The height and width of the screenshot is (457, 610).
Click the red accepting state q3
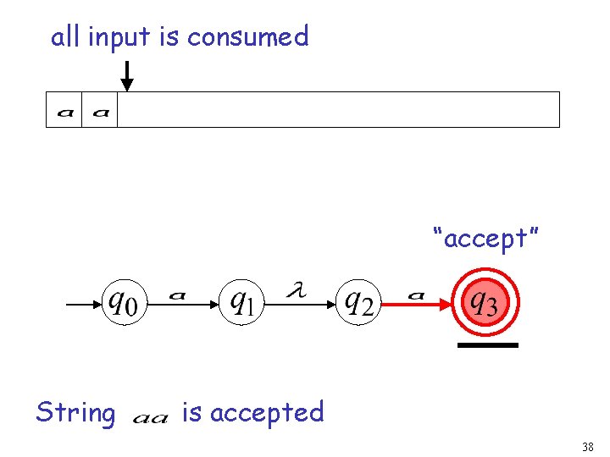coord(484,300)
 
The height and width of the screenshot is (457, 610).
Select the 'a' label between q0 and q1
coord(177,295)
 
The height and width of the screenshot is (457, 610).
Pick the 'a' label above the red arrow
coord(416,295)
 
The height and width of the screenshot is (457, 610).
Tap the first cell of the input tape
coord(64,110)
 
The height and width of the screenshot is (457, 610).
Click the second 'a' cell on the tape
coord(100,110)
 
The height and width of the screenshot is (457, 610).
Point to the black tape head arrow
coord(126,75)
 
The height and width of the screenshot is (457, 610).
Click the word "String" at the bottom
coord(75,413)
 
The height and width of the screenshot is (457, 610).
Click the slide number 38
coord(588,447)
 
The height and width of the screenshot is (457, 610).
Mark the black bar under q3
coord(487,345)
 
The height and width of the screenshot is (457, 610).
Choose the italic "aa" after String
coord(151,417)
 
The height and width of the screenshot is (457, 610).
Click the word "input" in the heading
coord(117,37)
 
